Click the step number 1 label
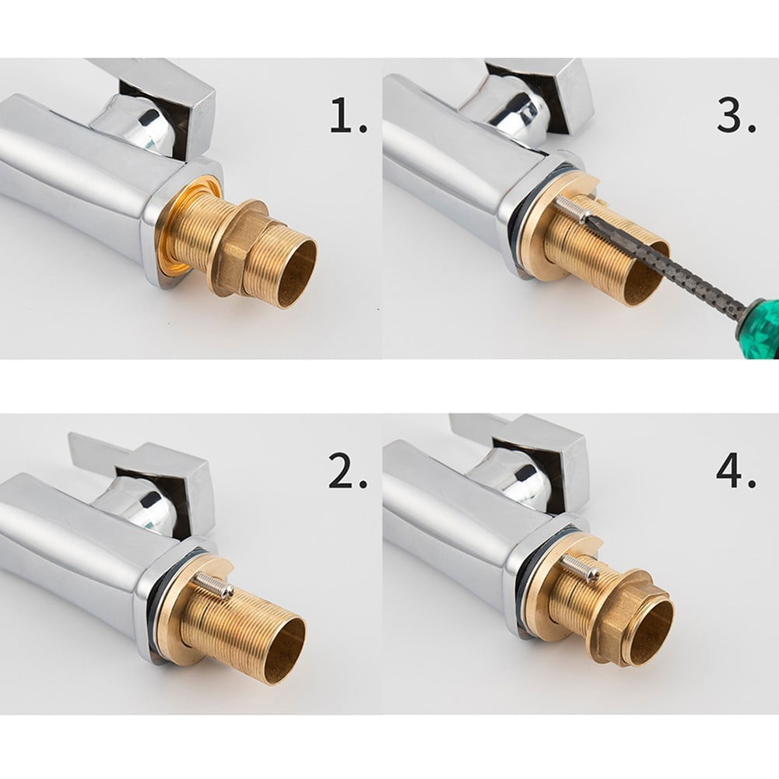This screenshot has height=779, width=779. pyautogui.click(x=348, y=118)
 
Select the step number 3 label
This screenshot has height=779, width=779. pyautogui.click(x=735, y=118)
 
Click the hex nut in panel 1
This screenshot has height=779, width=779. pyautogui.click(x=241, y=247)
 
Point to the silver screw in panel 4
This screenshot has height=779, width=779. pyautogui.click(x=580, y=568)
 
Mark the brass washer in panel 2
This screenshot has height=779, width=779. pyautogui.click(x=175, y=615)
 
